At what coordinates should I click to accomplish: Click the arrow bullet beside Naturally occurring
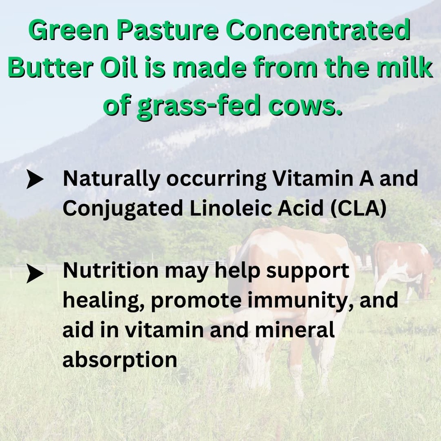point(34,180)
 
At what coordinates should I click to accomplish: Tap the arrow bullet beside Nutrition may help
point(34,273)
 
